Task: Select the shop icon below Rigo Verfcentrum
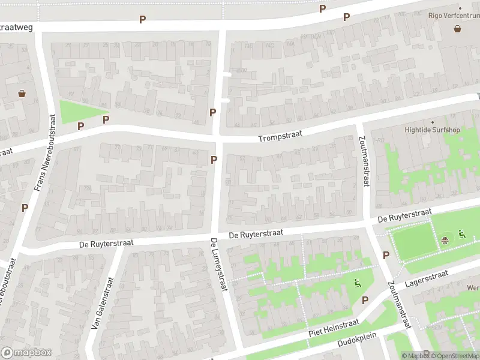458,28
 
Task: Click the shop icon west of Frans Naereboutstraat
22,93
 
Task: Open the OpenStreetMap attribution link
454,356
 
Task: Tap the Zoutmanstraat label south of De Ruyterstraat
398,305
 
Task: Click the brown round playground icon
445,241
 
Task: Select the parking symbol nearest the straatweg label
142,20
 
